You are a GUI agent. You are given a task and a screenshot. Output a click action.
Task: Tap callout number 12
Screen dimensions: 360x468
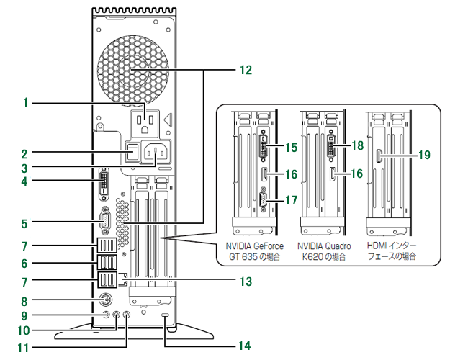(246, 70)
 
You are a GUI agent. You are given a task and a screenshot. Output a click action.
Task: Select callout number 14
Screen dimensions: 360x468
(245, 346)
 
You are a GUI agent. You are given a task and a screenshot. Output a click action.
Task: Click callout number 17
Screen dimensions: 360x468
(290, 201)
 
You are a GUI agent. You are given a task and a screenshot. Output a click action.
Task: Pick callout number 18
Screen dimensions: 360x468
(358, 146)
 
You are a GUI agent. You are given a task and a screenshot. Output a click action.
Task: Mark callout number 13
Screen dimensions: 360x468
(246, 281)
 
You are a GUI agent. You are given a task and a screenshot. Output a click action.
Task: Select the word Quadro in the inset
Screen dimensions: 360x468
(337, 246)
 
